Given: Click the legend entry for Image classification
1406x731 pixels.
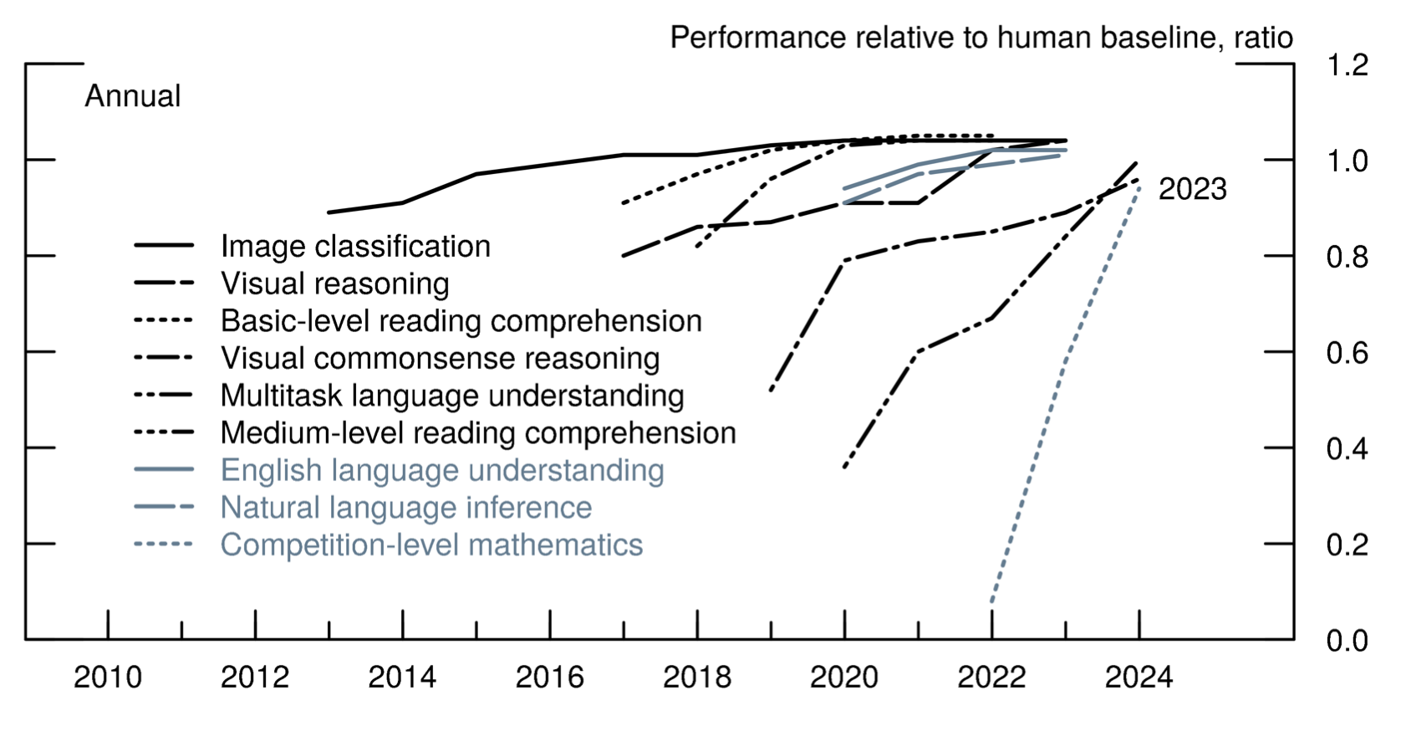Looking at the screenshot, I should click(355, 246).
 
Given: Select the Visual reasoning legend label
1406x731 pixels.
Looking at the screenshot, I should click(334, 284).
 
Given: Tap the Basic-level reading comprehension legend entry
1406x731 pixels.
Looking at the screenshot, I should click(461, 321).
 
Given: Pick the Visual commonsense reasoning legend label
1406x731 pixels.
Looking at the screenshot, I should click(440, 358).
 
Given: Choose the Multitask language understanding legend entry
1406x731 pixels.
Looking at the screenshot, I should click(452, 396).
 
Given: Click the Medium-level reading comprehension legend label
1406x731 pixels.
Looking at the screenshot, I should click(478, 433).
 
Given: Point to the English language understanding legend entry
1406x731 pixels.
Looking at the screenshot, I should click(442, 470).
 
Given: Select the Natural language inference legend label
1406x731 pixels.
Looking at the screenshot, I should click(406, 508).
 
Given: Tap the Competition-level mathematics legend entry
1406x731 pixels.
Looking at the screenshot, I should click(431, 545).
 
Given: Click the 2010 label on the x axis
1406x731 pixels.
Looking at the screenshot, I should click(108, 677).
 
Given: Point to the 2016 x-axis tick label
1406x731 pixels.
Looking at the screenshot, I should click(549, 677).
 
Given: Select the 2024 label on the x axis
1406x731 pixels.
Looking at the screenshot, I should click(1139, 677).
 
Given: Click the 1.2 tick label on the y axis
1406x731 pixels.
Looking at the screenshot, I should click(1347, 64).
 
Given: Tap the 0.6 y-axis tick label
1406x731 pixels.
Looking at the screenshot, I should click(1347, 353).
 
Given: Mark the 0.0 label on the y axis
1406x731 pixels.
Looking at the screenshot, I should click(1347, 642).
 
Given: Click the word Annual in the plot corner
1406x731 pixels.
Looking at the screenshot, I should click(133, 96).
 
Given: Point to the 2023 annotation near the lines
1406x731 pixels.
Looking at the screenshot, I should click(1192, 190).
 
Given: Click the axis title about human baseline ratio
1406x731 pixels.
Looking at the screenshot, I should click(981, 38).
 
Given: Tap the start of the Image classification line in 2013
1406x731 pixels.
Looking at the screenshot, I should click(329, 212).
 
